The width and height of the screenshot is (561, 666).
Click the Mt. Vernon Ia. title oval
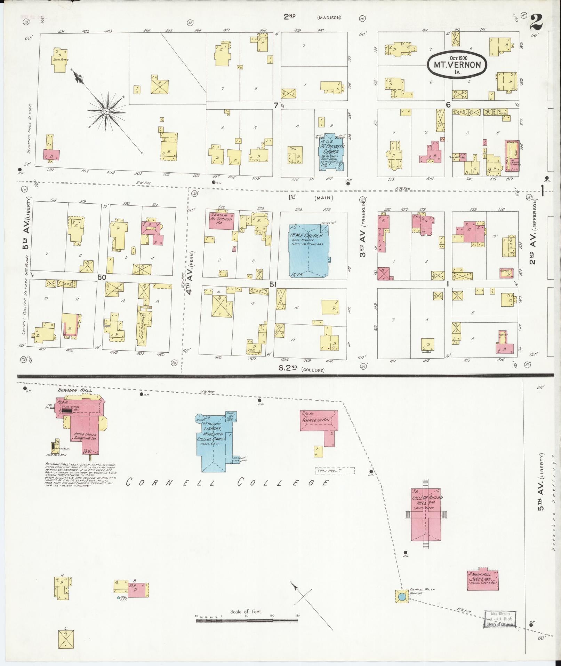[457, 64]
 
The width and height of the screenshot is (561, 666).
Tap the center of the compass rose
[107, 111]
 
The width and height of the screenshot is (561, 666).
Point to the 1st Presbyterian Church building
[331, 152]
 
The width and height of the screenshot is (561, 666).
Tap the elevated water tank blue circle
[402, 597]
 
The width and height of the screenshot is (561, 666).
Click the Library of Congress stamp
[500, 619]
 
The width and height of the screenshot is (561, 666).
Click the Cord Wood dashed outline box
[335, 471]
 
